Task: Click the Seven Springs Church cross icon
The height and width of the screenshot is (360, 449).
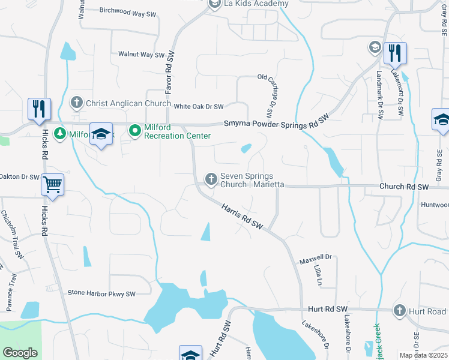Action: (211, 179)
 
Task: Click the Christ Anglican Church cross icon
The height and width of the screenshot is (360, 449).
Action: (76, 103)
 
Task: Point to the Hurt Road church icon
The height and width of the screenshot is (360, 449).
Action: (400, 311)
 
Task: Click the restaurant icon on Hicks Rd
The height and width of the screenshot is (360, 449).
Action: (39, 109)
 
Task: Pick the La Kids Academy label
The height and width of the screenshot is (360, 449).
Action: (255, 4)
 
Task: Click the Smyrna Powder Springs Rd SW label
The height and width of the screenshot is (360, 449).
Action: (277, 122)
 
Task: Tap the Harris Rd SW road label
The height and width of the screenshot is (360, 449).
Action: (243, 217)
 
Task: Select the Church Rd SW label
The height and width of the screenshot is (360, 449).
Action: (404, 187)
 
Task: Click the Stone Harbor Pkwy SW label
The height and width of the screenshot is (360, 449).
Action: (101, 293)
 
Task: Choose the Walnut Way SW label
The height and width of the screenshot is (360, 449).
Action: (141, 55)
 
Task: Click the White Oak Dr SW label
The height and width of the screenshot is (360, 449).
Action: (199, 106)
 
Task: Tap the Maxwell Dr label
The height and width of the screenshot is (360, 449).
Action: (316, 260)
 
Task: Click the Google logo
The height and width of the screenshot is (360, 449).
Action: (20, 353)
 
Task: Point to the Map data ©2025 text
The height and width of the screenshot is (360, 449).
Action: (423, 355)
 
